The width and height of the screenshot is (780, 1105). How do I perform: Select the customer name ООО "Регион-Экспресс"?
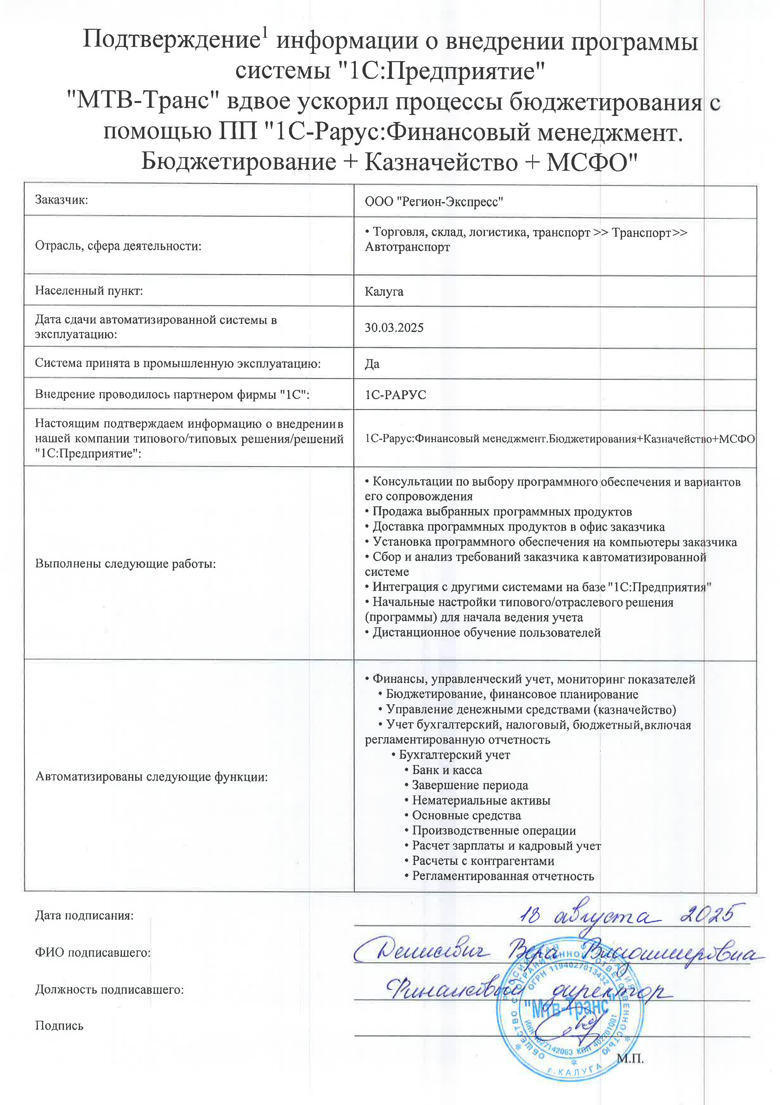[x=434, y=201]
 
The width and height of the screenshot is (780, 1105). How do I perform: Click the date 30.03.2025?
[x=394, y=328]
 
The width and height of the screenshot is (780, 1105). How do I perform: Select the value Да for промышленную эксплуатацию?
[x=372, y=364]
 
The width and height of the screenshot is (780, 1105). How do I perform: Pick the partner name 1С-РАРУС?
[x=395, y=395]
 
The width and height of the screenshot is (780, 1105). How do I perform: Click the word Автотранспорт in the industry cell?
[x=407, y=247]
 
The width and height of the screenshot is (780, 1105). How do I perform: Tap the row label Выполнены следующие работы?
[x=125, y=564]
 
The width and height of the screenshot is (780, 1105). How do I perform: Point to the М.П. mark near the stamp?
[x=630, y=1059]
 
